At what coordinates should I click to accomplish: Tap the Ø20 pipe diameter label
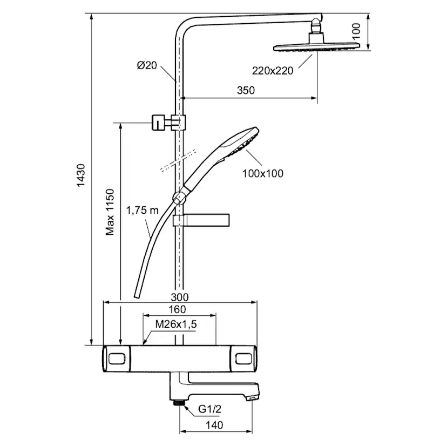point(147,65)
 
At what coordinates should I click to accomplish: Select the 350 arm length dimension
point(245,90)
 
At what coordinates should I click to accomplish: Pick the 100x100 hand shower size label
point(263,173)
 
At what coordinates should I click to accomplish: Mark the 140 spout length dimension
point(214,425)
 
